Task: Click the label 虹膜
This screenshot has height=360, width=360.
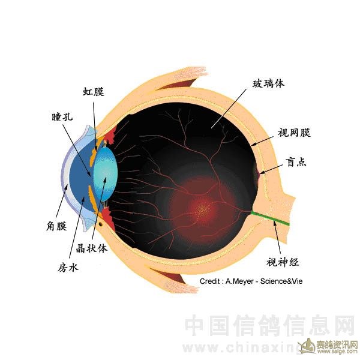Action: [94, 92]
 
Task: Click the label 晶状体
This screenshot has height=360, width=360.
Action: [92, 248]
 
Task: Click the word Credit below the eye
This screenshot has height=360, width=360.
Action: [210, 281]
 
